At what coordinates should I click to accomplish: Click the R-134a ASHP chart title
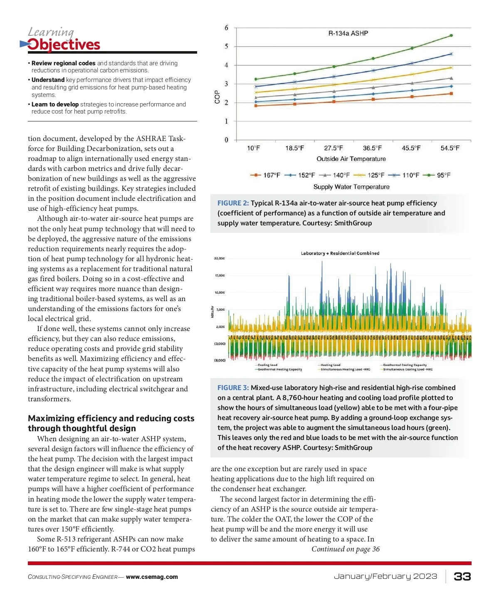point(348,33)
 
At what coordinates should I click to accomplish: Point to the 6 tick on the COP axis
point(227,28)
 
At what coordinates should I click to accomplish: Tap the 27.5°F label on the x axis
point(333,148)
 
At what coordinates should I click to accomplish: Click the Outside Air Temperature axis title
point(351,159)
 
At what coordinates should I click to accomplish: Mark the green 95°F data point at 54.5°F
point(451,35)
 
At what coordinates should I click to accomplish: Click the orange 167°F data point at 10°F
point(256,106)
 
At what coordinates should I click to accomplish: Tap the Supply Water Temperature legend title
point(351,187)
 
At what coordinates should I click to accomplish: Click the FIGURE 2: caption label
point(233,203)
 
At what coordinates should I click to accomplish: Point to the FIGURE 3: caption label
point(233,388)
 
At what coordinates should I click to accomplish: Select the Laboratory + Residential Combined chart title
point(340,253)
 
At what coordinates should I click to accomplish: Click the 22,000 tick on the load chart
point(220,259)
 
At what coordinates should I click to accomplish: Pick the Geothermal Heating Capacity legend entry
point(279,369)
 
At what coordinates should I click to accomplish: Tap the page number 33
point(462,576)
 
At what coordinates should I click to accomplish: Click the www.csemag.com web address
point(152,577)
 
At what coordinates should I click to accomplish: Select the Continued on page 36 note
point(346,549)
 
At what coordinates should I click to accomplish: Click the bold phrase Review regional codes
point(64,63)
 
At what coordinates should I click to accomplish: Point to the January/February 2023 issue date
point(385,576)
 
